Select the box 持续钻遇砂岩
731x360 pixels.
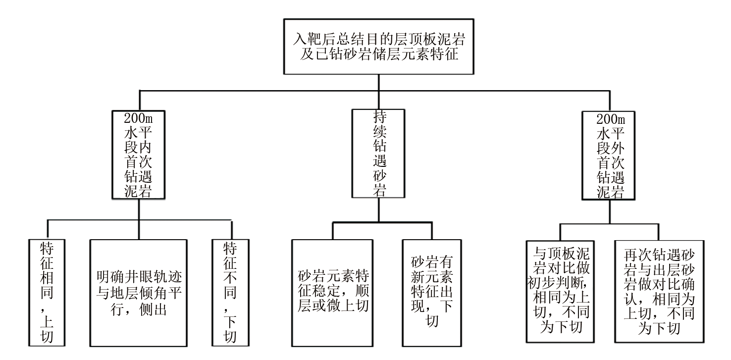[378, 154]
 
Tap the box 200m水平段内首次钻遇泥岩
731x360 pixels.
[139, 155]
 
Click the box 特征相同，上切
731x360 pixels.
[48, 292]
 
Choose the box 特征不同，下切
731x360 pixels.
[231, 292]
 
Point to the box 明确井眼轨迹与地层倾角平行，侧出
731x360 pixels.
[139, 292]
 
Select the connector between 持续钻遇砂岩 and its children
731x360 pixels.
[379, 210]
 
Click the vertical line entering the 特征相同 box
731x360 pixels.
[48, 229]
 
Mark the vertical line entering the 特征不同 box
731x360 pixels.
[231, 229]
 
